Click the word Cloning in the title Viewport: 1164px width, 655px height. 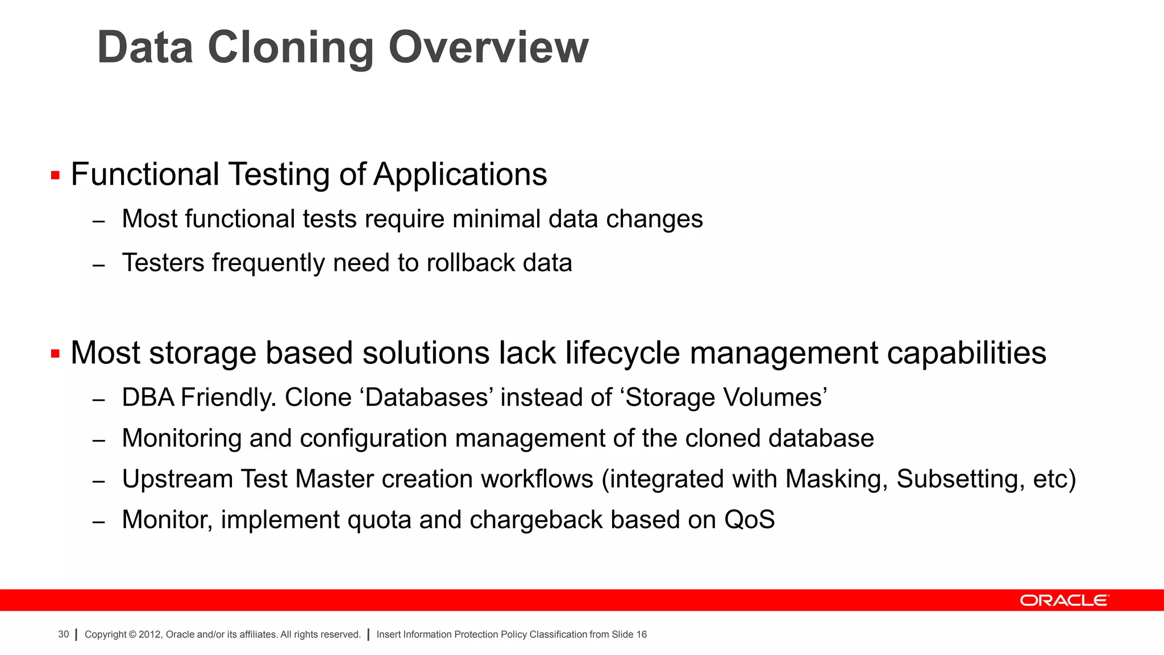tap(290, 48)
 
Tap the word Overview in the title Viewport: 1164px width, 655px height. tap(488, 48)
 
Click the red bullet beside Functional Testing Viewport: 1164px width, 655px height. tap(55, 175)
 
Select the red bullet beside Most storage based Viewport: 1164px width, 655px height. tap(55, 354)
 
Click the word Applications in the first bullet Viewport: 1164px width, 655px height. tap(460, 175)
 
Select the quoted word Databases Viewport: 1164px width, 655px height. tap(426, 397)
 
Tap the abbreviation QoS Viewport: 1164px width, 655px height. tap(749, 520)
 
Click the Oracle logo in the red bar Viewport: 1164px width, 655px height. tap(1064, 600)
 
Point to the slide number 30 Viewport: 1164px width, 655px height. tap(63, 635)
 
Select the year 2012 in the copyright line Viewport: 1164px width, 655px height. tap(149, 635)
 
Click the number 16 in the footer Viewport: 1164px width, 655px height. tap(641, 635)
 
